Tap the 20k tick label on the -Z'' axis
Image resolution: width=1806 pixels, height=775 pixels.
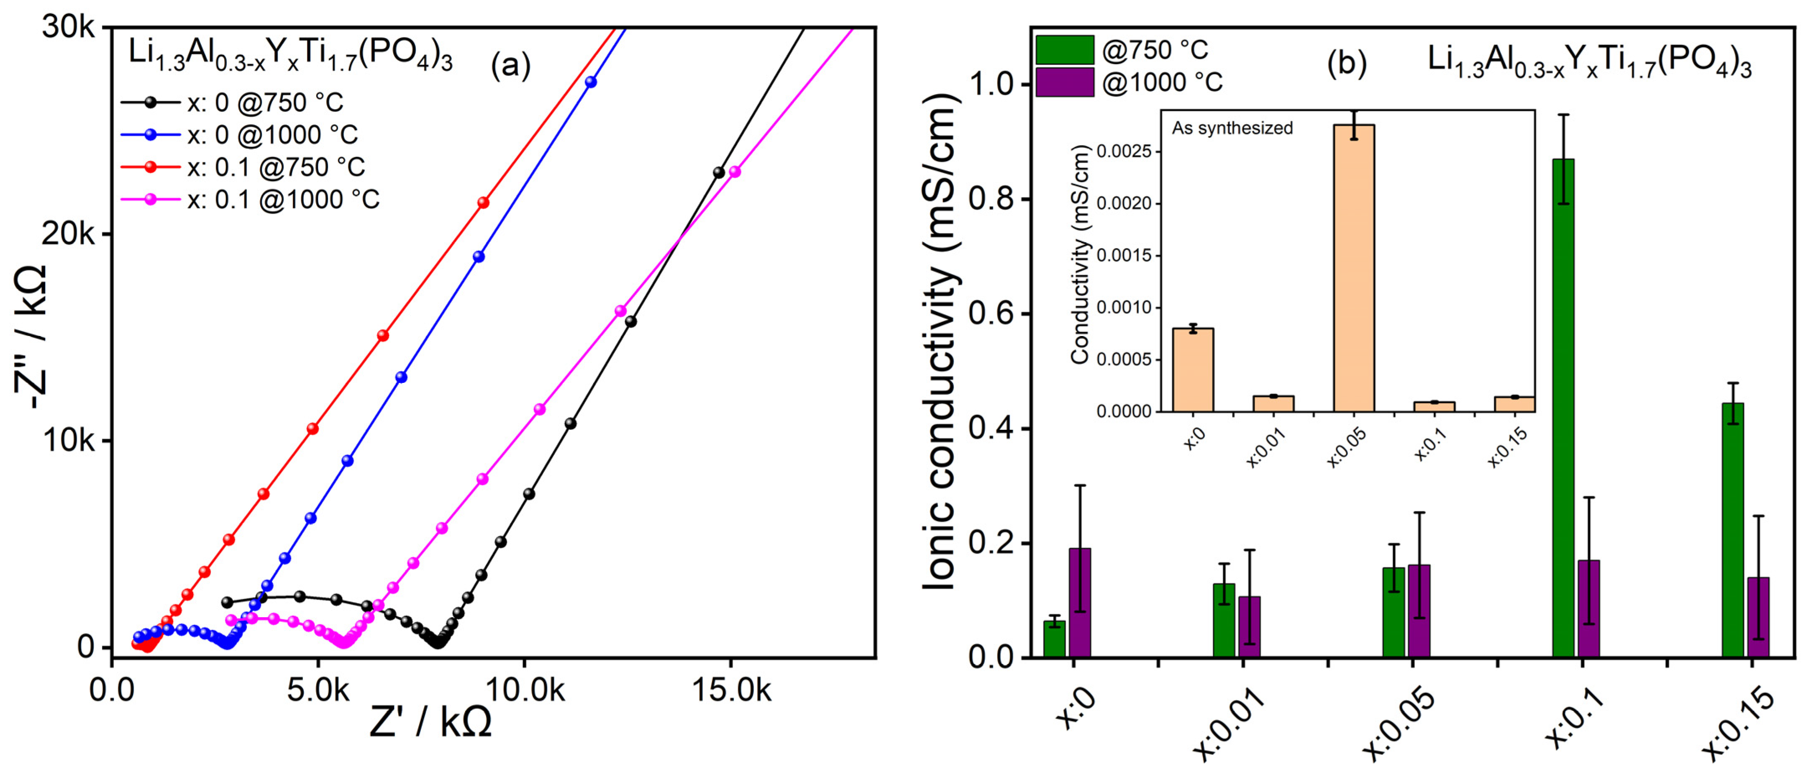pos(68,234)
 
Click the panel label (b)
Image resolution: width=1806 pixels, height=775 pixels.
pos(1347,63)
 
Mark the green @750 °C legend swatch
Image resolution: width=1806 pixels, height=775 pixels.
pos(1064,50)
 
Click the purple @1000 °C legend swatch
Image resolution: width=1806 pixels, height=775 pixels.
pos(1064,82)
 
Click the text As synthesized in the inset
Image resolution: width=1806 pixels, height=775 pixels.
pos(1232,128)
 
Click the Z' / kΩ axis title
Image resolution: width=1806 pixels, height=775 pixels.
pos(430,721)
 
